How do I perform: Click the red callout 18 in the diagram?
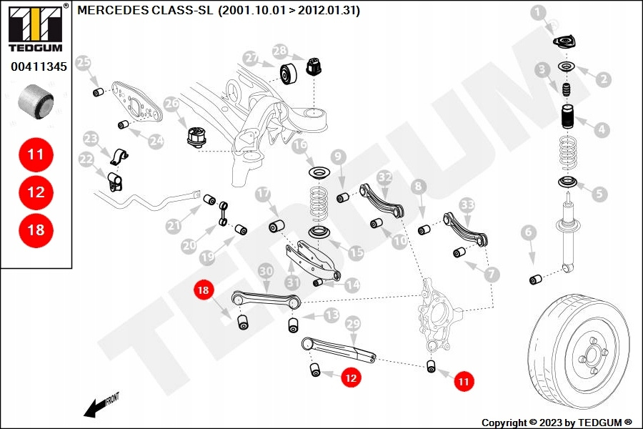(x=204, y=290)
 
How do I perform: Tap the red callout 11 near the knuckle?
(x=464, y=382)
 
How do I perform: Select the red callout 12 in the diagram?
(x=350, y=378)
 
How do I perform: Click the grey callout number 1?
(x=538, y=11)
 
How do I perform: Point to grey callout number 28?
(x=279, y=51)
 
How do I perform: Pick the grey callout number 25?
(x=84, y=62)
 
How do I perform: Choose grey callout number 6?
(x=528, y=232)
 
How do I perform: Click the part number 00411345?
(x=39, y=68)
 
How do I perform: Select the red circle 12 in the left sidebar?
(x=36, y=192)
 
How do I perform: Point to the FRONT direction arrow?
(x=100, y=405)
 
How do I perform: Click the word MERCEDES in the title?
(x=111, y=11)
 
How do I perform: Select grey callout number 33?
(x=467, y=204)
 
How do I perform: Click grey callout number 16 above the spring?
(x=300, y=145)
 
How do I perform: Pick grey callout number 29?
(x=352, y=325)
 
